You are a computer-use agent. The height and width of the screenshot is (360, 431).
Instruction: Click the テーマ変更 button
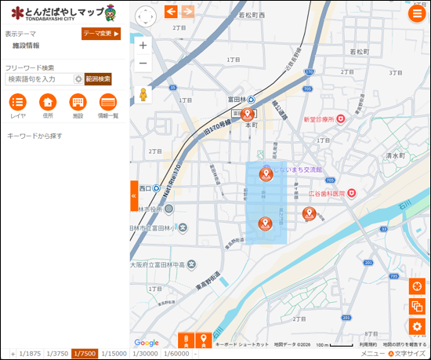(x=101, y=34)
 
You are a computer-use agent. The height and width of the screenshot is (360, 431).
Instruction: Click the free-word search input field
(x=38, y=79)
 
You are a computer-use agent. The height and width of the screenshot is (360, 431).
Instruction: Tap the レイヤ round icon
(x=18, y=102)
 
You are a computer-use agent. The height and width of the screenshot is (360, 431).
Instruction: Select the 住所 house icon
(x=48, y=102)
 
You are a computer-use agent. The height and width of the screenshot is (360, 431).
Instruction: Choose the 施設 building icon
(x=78, y=102)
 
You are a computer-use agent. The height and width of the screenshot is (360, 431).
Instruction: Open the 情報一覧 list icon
(x=108, y=102)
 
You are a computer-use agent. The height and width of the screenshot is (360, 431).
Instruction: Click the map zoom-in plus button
(x=143, y=44)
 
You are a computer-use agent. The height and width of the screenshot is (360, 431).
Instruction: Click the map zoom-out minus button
(x=143, y=64)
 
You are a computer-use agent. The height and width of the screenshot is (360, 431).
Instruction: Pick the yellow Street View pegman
(x=143, y=95)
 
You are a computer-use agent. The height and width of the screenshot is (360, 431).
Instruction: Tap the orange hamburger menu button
(x=416, y=13)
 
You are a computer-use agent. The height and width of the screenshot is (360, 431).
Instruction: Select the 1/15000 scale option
(x=114, y=354)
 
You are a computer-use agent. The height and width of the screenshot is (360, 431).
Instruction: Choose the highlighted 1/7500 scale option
(x=85, y=354)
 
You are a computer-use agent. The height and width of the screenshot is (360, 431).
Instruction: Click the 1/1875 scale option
(x=30, y=354)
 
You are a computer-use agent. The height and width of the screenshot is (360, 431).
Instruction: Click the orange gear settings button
(x=416, y=326)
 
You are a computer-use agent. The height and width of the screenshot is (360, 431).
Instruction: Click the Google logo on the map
(x=147, y=343)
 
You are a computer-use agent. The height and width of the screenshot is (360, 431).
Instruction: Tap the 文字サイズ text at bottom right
(x=410, y=354)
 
